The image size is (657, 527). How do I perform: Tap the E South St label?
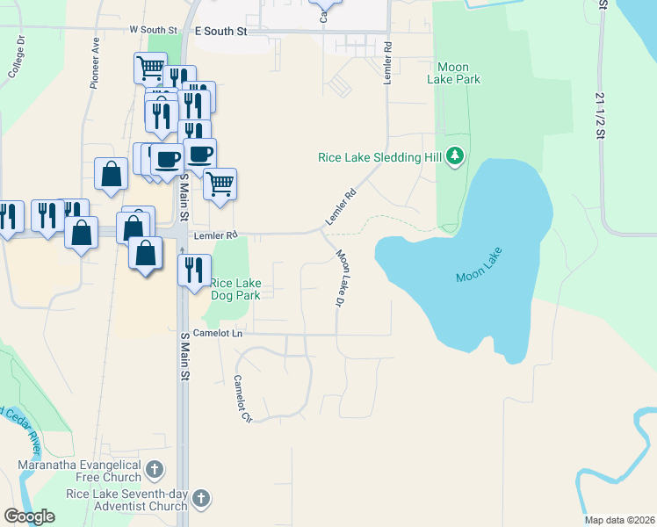[221, 31]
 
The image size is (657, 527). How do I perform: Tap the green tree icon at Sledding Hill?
[454, 156]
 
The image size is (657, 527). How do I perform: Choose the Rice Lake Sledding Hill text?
[380, 158]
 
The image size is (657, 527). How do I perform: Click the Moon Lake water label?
[482, 276]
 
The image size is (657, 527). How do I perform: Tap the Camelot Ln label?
[218, 334]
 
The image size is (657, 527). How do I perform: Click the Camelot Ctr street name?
[242, 400]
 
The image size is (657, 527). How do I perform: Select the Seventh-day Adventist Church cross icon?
[201, 499]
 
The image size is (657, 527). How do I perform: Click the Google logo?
[30, 516]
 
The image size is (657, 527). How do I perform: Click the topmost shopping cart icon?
[150, 67]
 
